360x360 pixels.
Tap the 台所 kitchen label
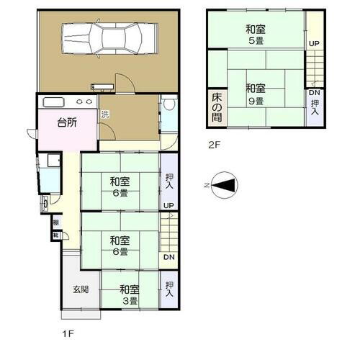(x=67, y=122)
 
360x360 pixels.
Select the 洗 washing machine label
(x=105, y=114)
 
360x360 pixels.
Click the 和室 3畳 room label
(x=130, y=294)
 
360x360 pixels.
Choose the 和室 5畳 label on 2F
(x=255, y=35)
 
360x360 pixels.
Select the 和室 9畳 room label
(x=255, y=94)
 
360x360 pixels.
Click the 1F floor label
(x=68, y=334)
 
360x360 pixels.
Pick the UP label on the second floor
(x=314, y=44)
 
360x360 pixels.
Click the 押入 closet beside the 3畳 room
(x=169, y=290)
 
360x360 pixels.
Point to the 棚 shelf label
(x=55, y=222)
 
